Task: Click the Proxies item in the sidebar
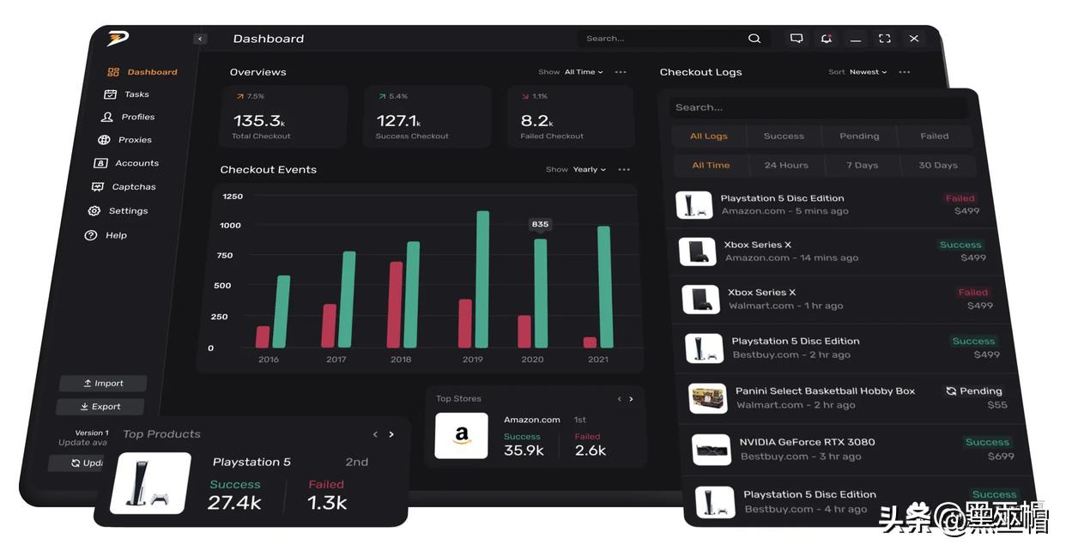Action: pos(135,140)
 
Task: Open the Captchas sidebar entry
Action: pos(133,187)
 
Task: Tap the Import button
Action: pos(103,384)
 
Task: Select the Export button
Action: pos(100,407)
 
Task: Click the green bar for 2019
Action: pos(482,279)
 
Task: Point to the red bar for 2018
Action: pos(396,305)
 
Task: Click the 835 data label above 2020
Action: pos(540,224)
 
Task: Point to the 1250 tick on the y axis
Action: pos(233,197)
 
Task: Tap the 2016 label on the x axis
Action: pos(269,360)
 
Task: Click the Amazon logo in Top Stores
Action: pos(462,436)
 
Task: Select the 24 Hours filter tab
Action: pos(786,166)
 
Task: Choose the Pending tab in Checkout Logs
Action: pos(859,136)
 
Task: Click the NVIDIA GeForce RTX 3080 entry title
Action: pos(807,442)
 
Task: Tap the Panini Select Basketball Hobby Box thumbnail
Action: pos(708,398)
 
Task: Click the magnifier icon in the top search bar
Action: pos(754,39)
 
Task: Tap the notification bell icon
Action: pos(826,39)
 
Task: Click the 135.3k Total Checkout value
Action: pos(258,121)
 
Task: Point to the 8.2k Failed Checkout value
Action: pos(535,121)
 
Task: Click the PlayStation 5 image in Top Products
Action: pos(151,483)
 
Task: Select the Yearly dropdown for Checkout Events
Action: pos(589,170)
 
